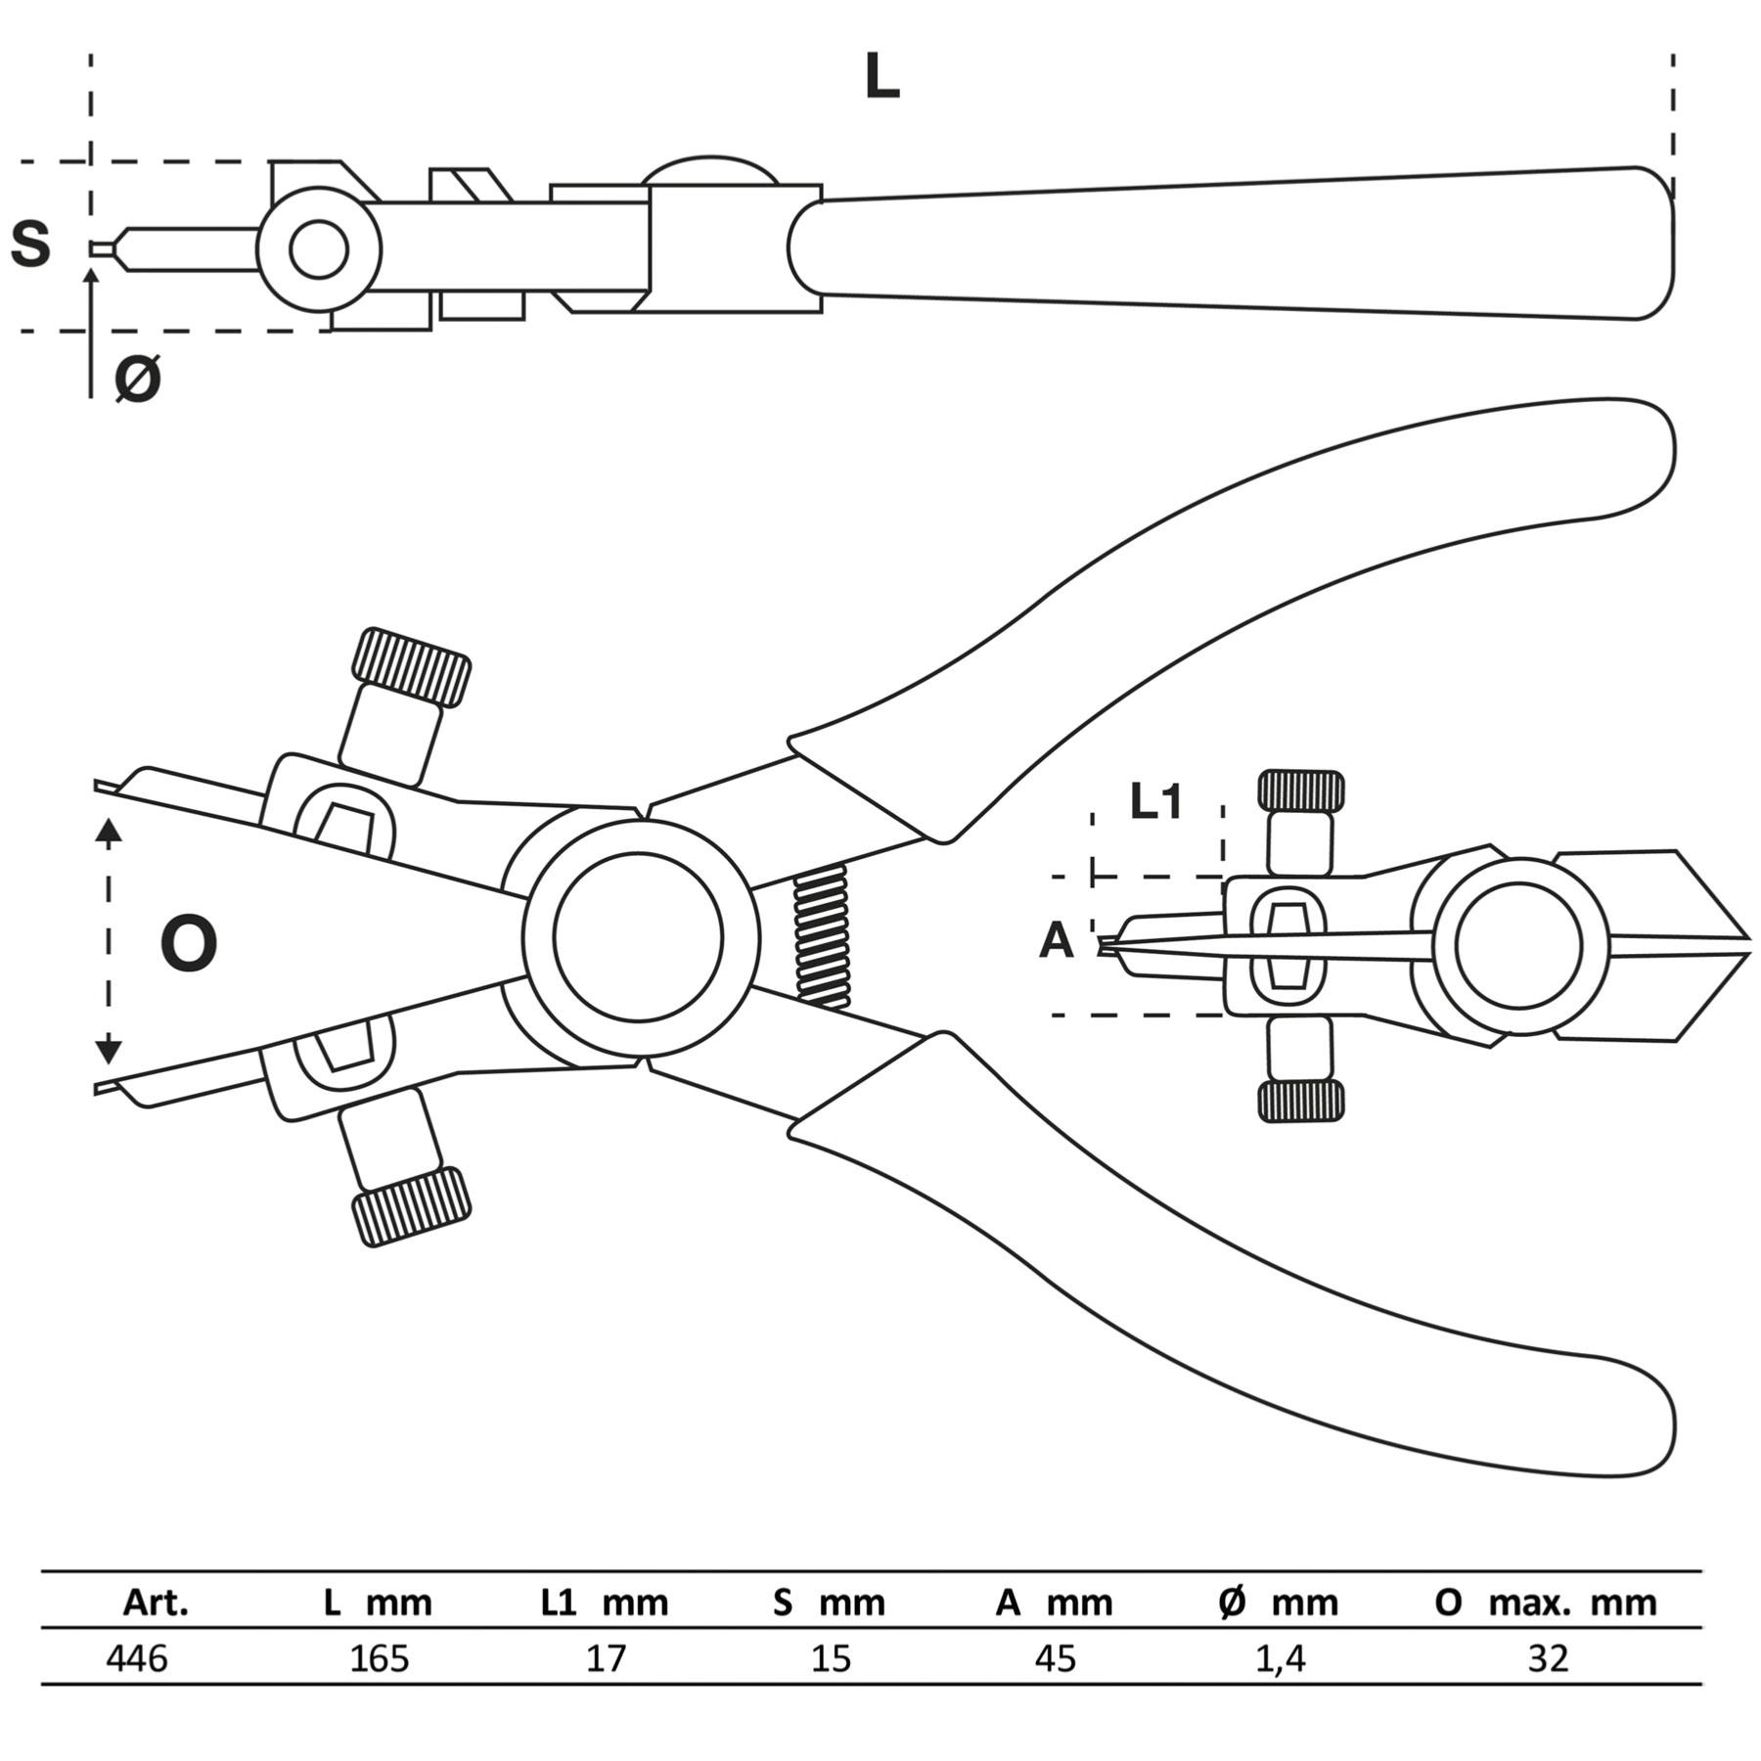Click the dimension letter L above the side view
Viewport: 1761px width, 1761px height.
[x=881, y=77]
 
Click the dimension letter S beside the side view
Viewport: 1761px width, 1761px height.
[x=30, y=245]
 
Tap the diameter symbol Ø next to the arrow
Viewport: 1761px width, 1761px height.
[x=138, y=379]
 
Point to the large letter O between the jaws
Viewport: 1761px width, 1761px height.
[x=188, y=944]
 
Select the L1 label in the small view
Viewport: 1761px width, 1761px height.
[x=1156, y=801]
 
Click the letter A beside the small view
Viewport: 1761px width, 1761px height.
[x=1056, y=941]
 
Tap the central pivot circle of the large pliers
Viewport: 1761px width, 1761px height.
[x=639, y=936]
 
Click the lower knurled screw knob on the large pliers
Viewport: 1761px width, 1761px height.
[x=411, y=1206]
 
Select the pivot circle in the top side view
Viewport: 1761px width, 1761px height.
[x=319, y=248]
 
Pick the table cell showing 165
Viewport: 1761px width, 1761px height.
[x=380, y=1658]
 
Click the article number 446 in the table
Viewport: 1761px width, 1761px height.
[x=136, y=1658]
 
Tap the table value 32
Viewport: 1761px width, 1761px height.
[x=1547, y=1658]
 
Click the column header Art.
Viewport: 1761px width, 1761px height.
[x=156, y=1603]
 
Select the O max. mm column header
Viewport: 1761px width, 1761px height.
[x=1546, y=1603]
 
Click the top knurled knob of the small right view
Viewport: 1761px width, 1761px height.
[x=1300, y=790]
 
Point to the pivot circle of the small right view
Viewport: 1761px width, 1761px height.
[x=1518, y=946]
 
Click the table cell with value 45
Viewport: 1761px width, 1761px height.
[x=1056, y=1658]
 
